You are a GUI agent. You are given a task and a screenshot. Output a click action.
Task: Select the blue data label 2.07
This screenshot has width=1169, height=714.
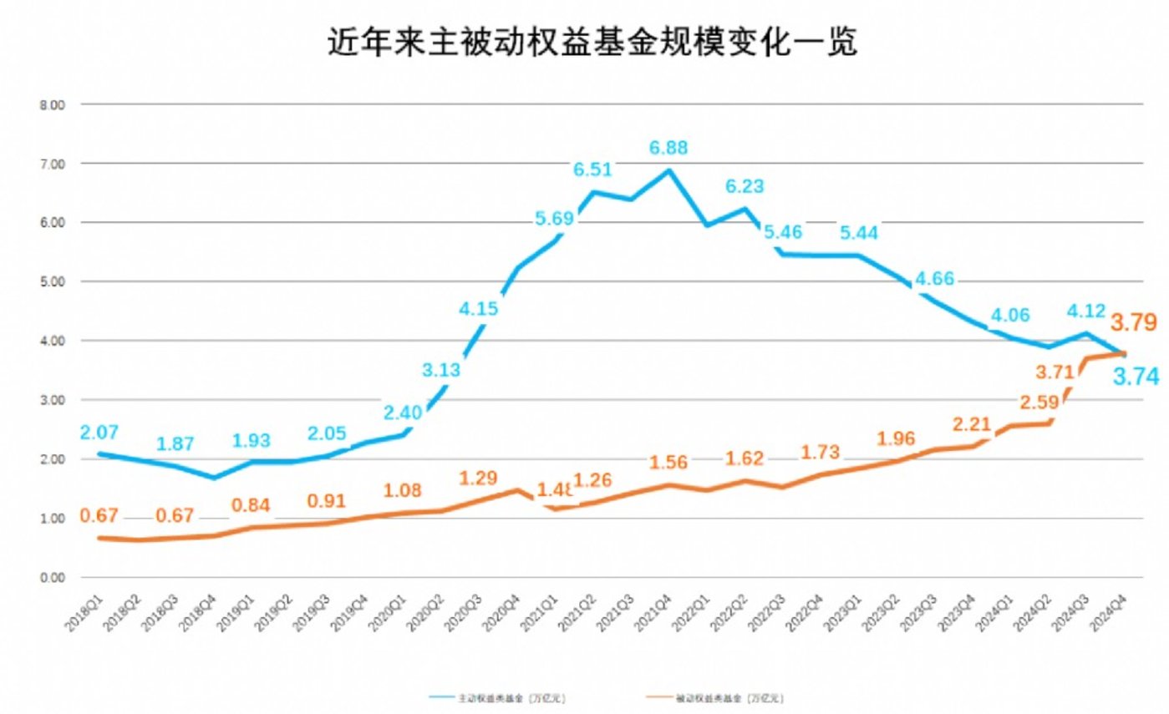(99, 433)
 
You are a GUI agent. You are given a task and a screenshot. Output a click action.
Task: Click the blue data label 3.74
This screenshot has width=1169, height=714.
(1134, 377)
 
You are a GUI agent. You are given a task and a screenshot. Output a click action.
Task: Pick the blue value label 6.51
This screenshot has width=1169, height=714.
(592, 170)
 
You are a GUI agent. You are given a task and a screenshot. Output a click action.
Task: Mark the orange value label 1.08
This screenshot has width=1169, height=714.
(402, 490)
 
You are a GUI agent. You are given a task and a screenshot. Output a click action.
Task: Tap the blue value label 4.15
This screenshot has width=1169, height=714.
(478, 309)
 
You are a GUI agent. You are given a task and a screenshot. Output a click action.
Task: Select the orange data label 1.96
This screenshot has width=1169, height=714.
(897, 438)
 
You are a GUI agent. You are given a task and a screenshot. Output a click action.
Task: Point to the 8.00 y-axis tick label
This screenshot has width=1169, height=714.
(52, 104)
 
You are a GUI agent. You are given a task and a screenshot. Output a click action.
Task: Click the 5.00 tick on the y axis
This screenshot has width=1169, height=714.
(52, 282)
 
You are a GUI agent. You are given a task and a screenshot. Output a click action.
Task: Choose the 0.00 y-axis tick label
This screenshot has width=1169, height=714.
(52, 578)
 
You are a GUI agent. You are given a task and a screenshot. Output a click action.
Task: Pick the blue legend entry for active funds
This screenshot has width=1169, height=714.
(502, 696)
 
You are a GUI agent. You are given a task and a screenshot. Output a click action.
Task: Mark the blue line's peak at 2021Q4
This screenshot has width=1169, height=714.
(668, 170)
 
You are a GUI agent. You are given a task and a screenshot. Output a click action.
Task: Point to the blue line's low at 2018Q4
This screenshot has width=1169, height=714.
(215, 478)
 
